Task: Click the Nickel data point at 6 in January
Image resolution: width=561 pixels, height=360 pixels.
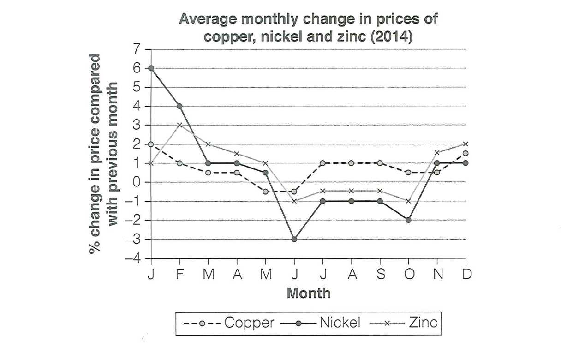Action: [151, 68]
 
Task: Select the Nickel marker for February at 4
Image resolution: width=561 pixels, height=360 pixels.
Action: [179, 106]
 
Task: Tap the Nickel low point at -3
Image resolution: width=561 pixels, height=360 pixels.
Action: [294, 239]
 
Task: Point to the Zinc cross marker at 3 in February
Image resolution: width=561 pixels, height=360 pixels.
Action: [179, 125]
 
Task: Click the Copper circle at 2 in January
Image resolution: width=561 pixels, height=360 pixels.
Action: [151, 144]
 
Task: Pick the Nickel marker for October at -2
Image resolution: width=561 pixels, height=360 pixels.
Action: [409, 220]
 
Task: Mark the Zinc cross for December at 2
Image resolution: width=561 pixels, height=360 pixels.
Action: [466, 144]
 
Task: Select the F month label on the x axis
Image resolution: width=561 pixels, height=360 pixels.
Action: [179, 274]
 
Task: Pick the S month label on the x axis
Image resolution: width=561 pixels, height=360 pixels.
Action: [380, 274]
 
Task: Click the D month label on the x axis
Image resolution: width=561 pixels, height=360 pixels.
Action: [466, 274]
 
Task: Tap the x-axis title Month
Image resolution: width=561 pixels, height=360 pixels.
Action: [309, 293]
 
